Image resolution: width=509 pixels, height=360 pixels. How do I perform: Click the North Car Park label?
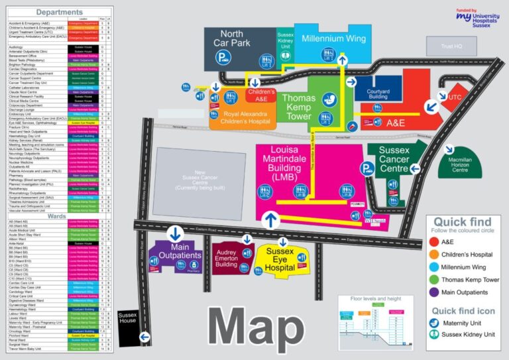click(231, 39)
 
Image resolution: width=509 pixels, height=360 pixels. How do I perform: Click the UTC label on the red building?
click(454, 97)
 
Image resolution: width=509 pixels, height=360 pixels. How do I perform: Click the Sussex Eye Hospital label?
click(280, 257)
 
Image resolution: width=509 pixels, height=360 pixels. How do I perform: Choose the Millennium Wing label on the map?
click(333, 38)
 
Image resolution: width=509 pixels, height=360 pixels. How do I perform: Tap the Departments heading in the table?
click(59, 12)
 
